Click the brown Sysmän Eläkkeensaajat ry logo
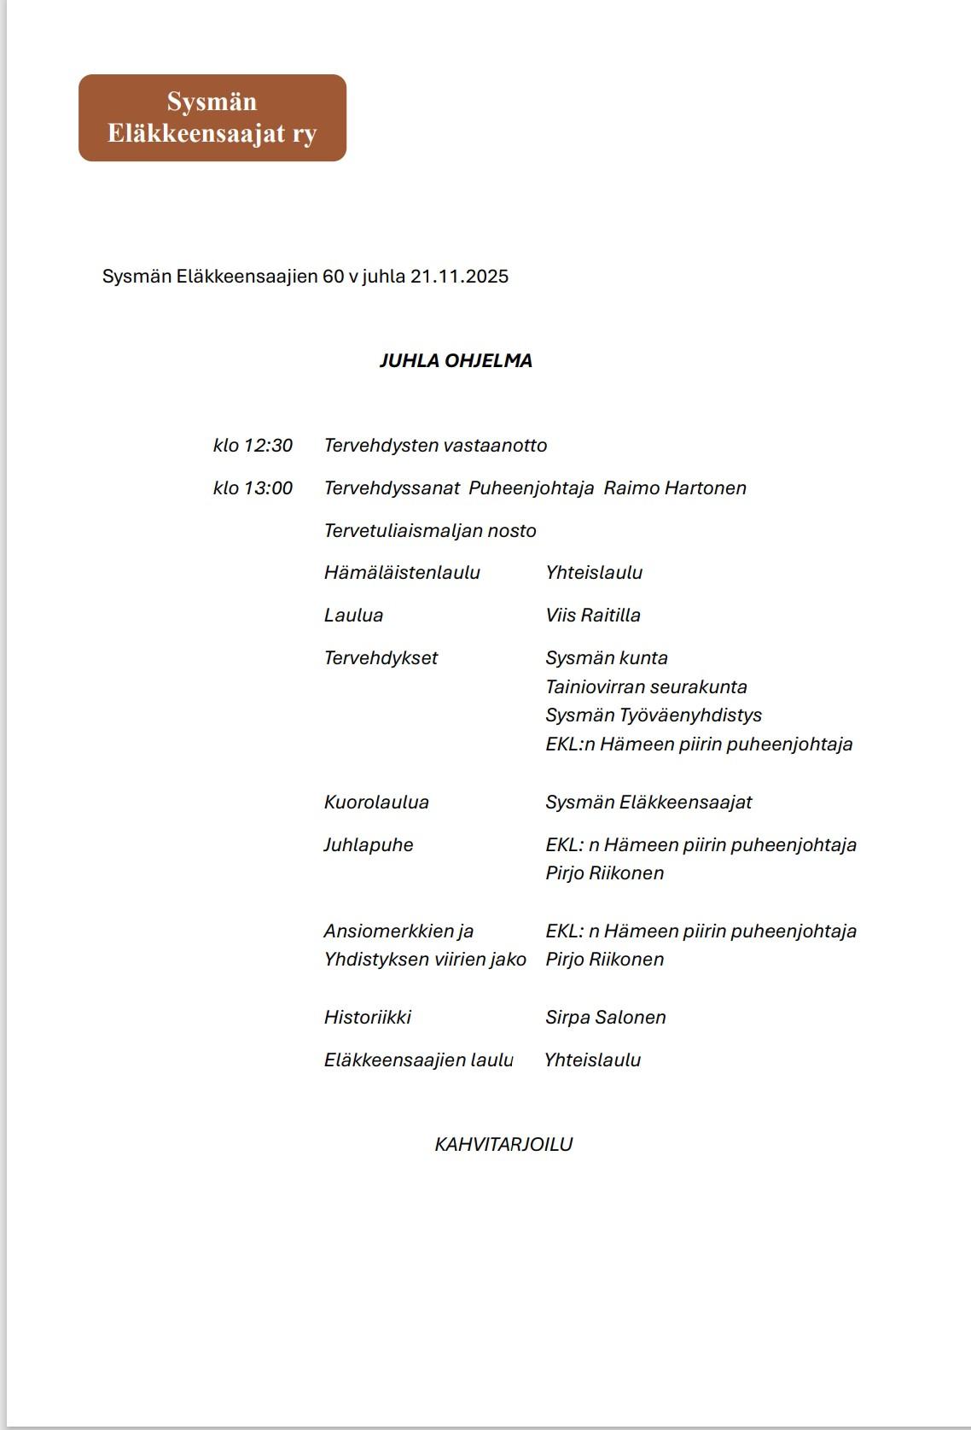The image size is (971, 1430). click(x=212, y=118)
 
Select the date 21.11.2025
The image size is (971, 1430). click(x=459, y=277)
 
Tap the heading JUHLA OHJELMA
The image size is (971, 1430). click(x=456, y=360)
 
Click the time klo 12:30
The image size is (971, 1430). click(x=253, y=446)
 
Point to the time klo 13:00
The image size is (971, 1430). click(x=253, y=488)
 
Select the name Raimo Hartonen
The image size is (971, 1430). click(x=675, y=488)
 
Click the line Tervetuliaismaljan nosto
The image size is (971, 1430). click(x=430, y=531)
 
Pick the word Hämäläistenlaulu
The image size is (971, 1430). click(x=402, y=573)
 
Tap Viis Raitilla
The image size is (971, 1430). click(x=593, y=616)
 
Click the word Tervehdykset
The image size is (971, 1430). click(x=381, y=658)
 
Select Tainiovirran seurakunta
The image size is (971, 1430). click(x=646, y=687)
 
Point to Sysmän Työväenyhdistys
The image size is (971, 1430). click(x=654, y=715)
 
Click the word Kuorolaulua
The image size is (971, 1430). click(x=376, y=803)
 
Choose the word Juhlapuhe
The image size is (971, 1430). click(x=368, y=845)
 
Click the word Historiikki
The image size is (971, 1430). click(x=367, y=1018)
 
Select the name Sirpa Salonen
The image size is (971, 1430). click(x=606, y=1018)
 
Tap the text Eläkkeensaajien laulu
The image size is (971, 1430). click(x=418, y=1060)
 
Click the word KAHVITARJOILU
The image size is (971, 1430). click(x=503, y=1145)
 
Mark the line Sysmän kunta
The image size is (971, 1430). click(x=607, y=658)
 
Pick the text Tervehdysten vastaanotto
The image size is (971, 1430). click(x=435, y=446)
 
